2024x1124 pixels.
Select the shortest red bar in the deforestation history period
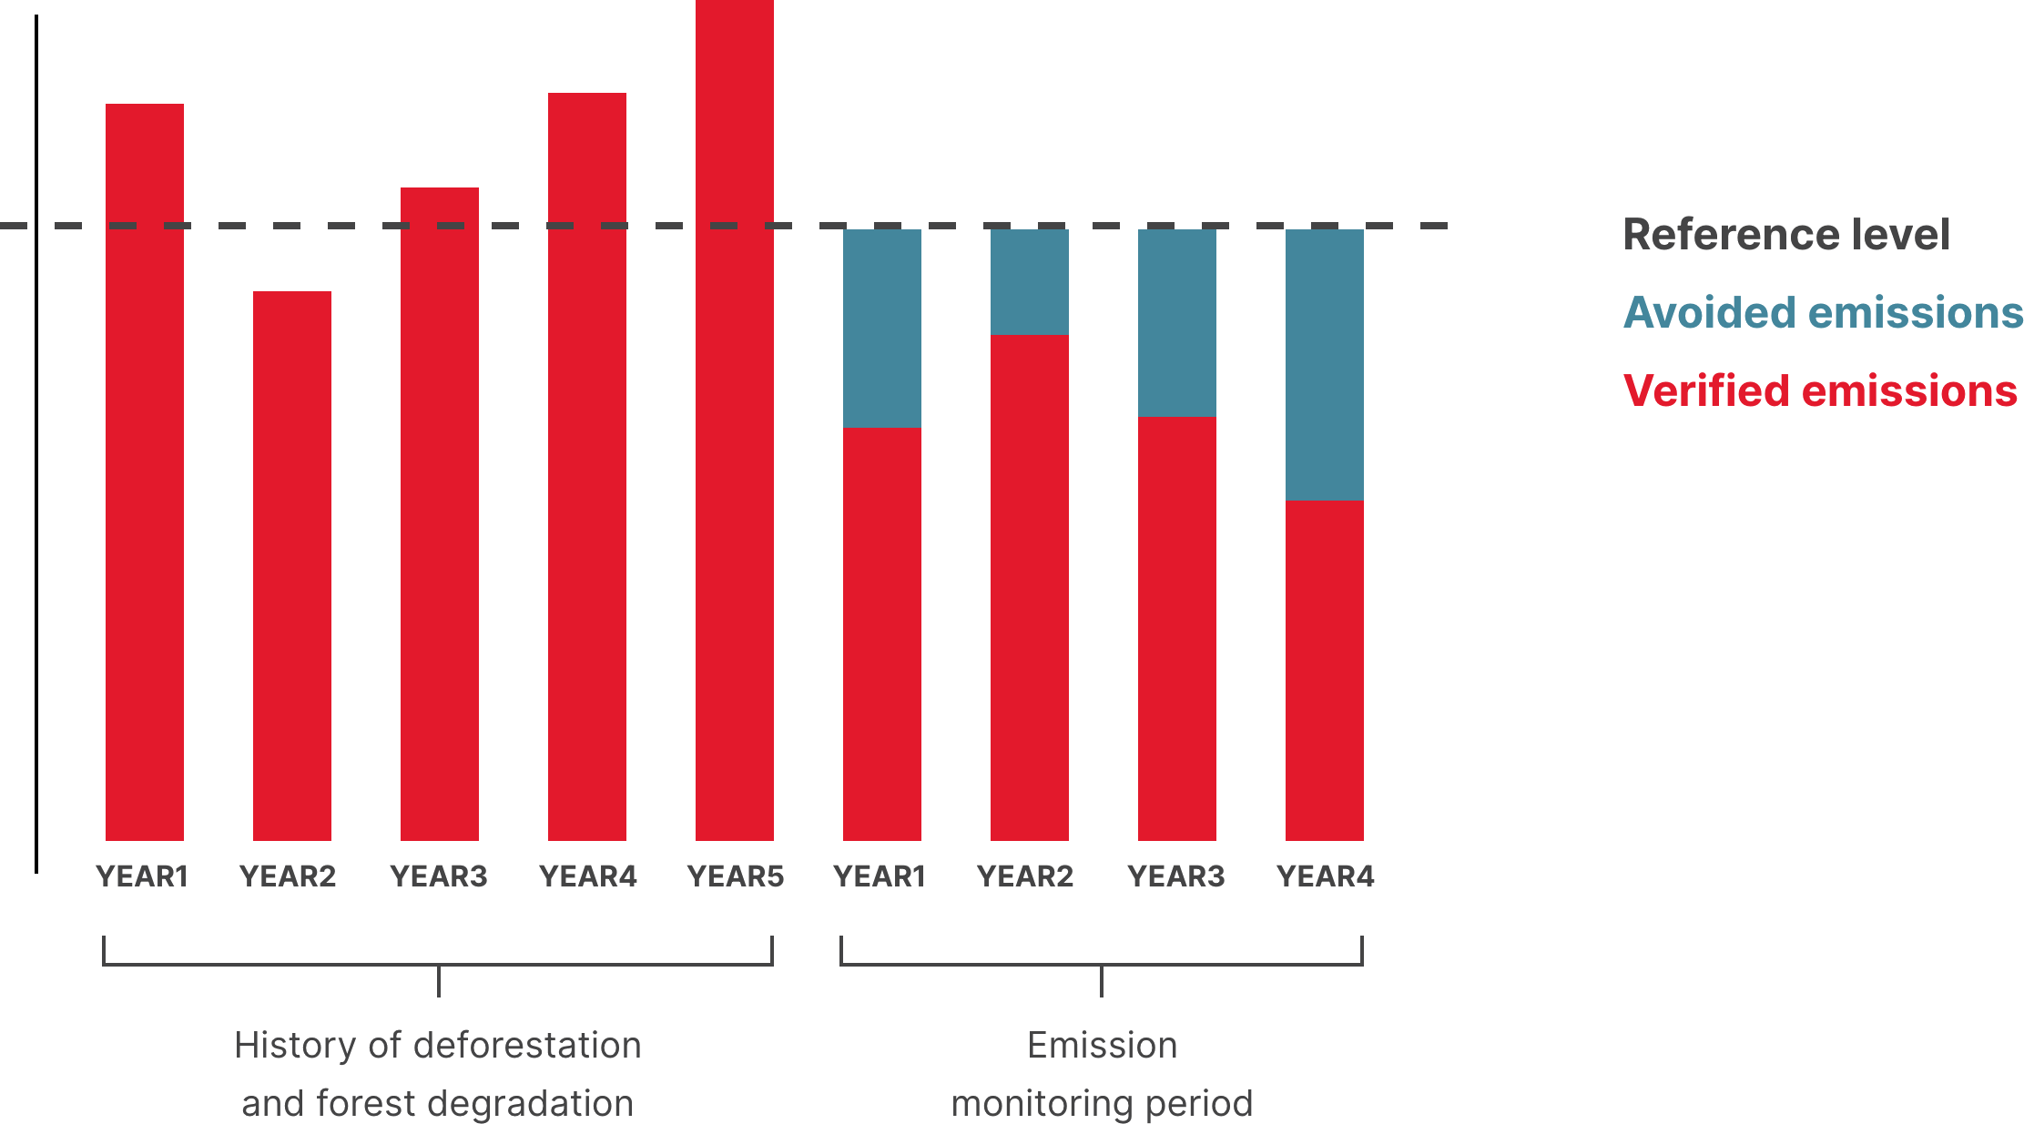tap(291, 564)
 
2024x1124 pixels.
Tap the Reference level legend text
tap(1786, 235)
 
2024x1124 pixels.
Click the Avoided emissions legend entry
tap(1823, 313)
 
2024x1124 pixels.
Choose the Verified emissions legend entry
tap(1820, 391)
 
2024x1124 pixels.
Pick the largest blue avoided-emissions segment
tap(1324, 364)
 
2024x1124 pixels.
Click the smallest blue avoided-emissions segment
tap(1029, 282)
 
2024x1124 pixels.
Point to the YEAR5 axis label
tap(735, 876)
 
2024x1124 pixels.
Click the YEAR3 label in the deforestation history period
tap(439, 876)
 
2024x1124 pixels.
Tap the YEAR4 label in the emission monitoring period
tap(1325, 876)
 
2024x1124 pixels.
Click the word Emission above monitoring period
tap(1102, 1046)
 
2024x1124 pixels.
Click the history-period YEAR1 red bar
tap(144, 473)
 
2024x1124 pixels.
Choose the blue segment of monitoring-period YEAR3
tap(1176, 323)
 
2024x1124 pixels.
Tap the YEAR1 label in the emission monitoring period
tap(880, 876)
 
